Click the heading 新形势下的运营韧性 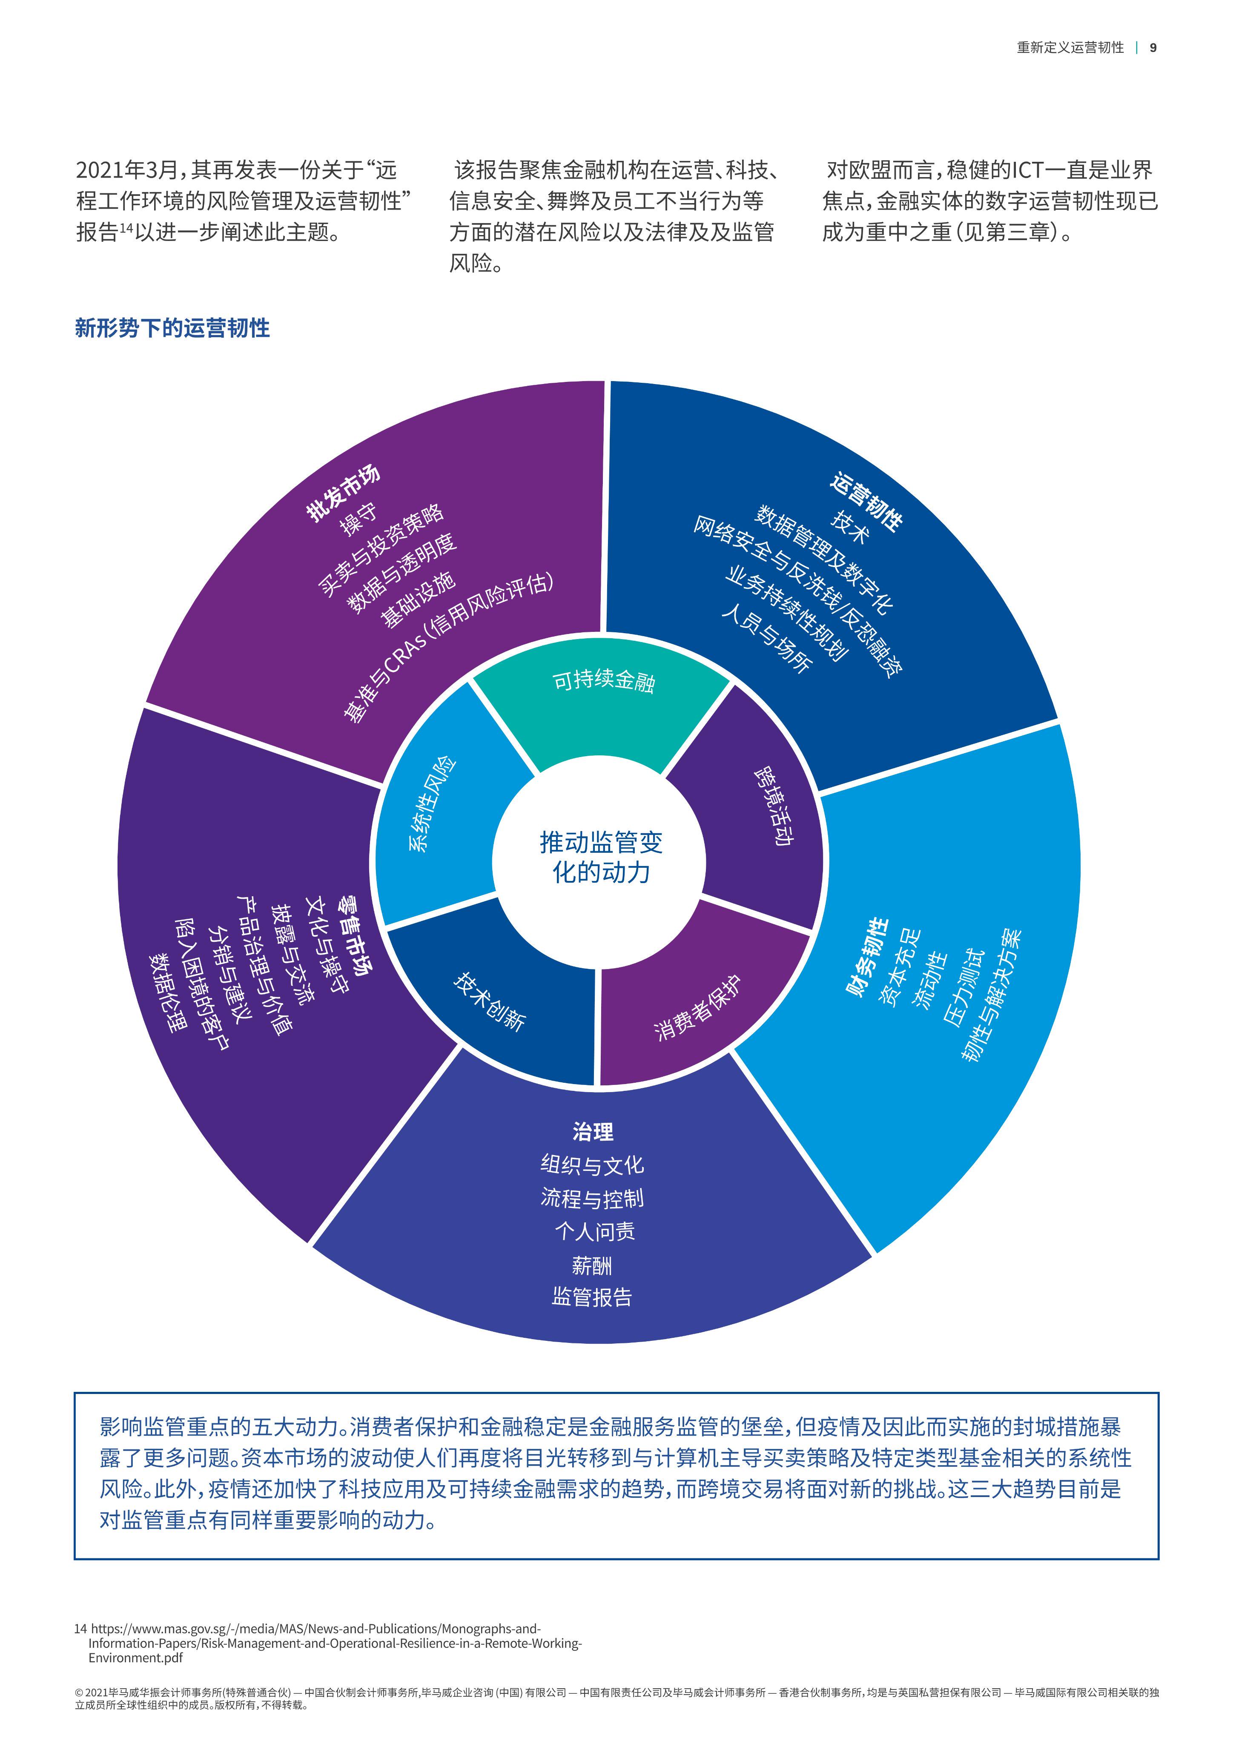click(x=172, y=328)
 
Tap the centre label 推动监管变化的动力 click(x=600, y=857)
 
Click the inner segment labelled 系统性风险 click(x=448, y=805)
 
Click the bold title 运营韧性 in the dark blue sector click(x=866, y=501)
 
